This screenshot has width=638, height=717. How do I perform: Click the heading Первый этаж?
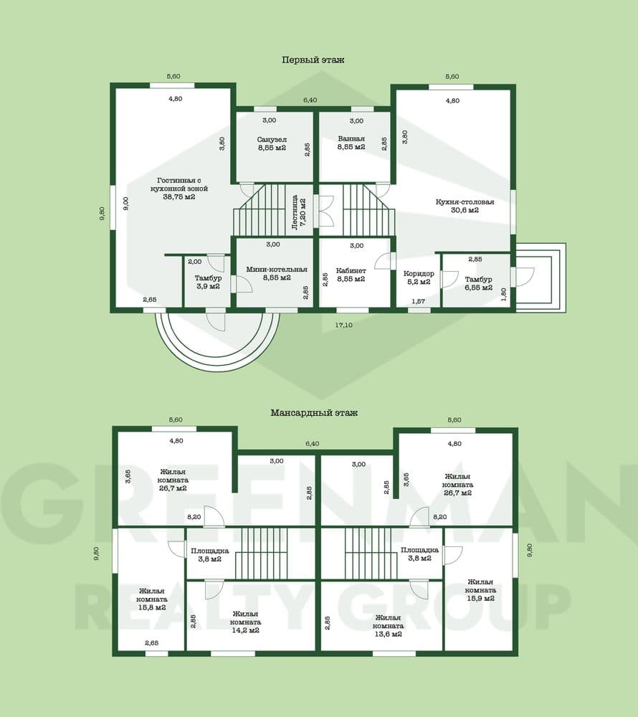point(313,60)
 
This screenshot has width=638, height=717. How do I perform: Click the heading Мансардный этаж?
point(314,412)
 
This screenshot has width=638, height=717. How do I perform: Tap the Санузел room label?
point(272,143)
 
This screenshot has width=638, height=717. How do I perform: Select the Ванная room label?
point(351,143)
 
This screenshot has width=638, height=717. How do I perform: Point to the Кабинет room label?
point(351,275)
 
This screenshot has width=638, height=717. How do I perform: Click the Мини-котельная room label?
point(277,273)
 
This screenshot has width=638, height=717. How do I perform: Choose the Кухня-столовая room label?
point(465,206)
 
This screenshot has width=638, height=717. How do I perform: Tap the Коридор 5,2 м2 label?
point(419,277)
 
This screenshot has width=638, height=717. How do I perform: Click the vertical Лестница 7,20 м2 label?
point(299,212)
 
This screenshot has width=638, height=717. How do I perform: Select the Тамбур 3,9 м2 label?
point(209,282)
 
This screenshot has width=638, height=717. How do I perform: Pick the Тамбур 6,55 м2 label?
point(479,283)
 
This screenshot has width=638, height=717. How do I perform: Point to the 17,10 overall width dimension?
point(343,325)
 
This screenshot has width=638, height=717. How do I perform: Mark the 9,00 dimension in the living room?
point(126,204)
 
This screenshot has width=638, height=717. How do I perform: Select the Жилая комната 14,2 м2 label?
point(245,622)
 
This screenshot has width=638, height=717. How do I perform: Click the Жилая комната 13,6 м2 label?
point(388,626)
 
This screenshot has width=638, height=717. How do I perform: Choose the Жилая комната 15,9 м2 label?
point(480,590)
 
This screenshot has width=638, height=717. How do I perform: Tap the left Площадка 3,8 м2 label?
point(210,555)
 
